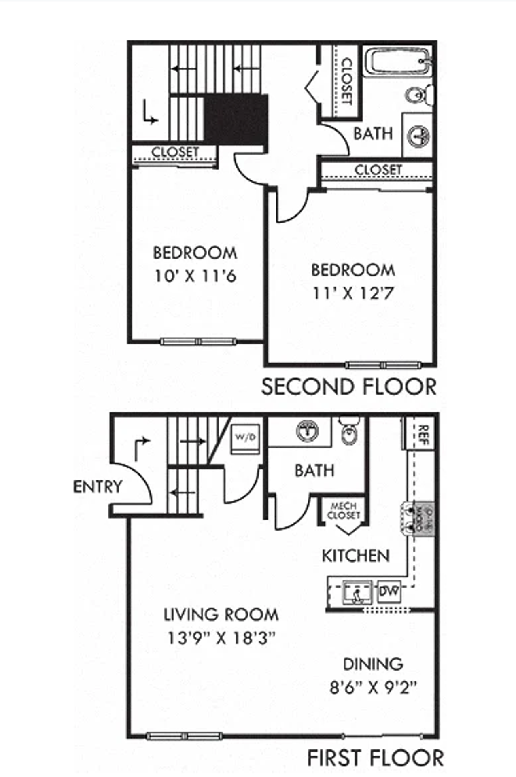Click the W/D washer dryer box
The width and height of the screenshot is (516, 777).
click(x=245, y=438)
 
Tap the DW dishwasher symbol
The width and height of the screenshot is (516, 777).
click(x=389, y=591)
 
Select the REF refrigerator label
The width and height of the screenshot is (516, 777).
click(x=423, y=434)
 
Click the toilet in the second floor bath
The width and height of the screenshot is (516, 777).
click(x=419, y=96)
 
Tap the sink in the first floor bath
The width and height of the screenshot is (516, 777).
click(x=308, y=431)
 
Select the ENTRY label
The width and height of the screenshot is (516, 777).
click(x=98, y=487)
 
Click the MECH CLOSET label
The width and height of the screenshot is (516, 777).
click(x=343, y=511)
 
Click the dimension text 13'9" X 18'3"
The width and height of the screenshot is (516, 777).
click(x=221, y=638)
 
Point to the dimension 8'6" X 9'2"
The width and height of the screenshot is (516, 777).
click(x=373, y=687)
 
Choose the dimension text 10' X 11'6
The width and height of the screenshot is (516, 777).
click(x=195, y=276)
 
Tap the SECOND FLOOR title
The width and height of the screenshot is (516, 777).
click(x=348, y=386)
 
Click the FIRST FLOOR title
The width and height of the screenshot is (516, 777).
click(x=375, y=758)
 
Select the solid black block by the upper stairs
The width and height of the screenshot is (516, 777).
click(x=236, y=119)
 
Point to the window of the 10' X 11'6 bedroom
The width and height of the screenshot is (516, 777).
click(x=198, y=342)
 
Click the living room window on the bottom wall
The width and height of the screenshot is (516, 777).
click(x=184, y=735)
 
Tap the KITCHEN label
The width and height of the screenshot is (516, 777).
click(x=355, y=556)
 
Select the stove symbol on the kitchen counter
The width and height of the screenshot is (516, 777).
click(x=418, y=519)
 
